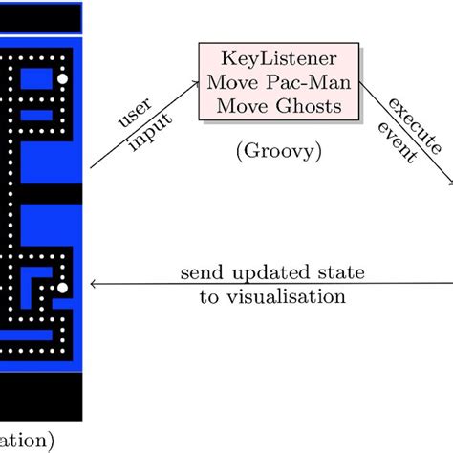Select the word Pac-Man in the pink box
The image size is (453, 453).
[x=300, y=82]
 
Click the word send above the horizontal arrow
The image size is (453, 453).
[x=203, y=273]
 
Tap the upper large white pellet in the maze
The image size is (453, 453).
[x=63, y=78]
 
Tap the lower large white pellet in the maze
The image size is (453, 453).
[x=63, y=287]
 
